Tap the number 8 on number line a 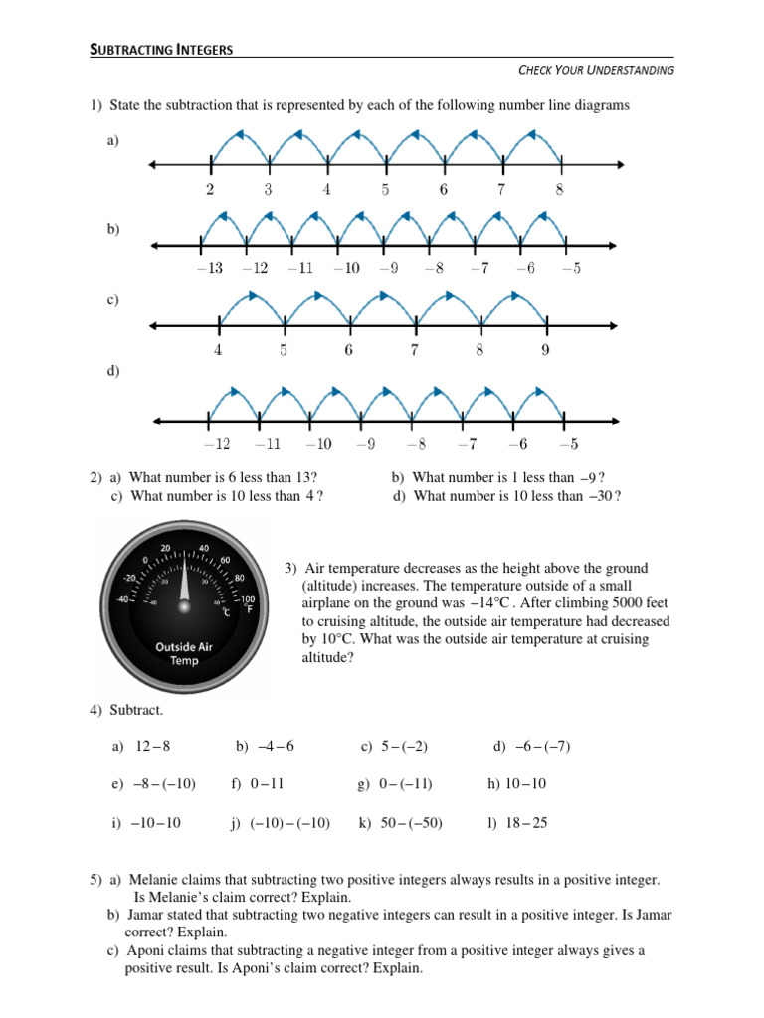(560, 190)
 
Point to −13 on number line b (209, 268)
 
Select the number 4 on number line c (218, 350)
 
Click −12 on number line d (216, 444)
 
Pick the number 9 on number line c (545, 350)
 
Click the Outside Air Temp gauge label (184, 653)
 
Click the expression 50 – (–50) (411, 823)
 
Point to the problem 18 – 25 (526, 823)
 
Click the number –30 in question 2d (599, 496)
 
